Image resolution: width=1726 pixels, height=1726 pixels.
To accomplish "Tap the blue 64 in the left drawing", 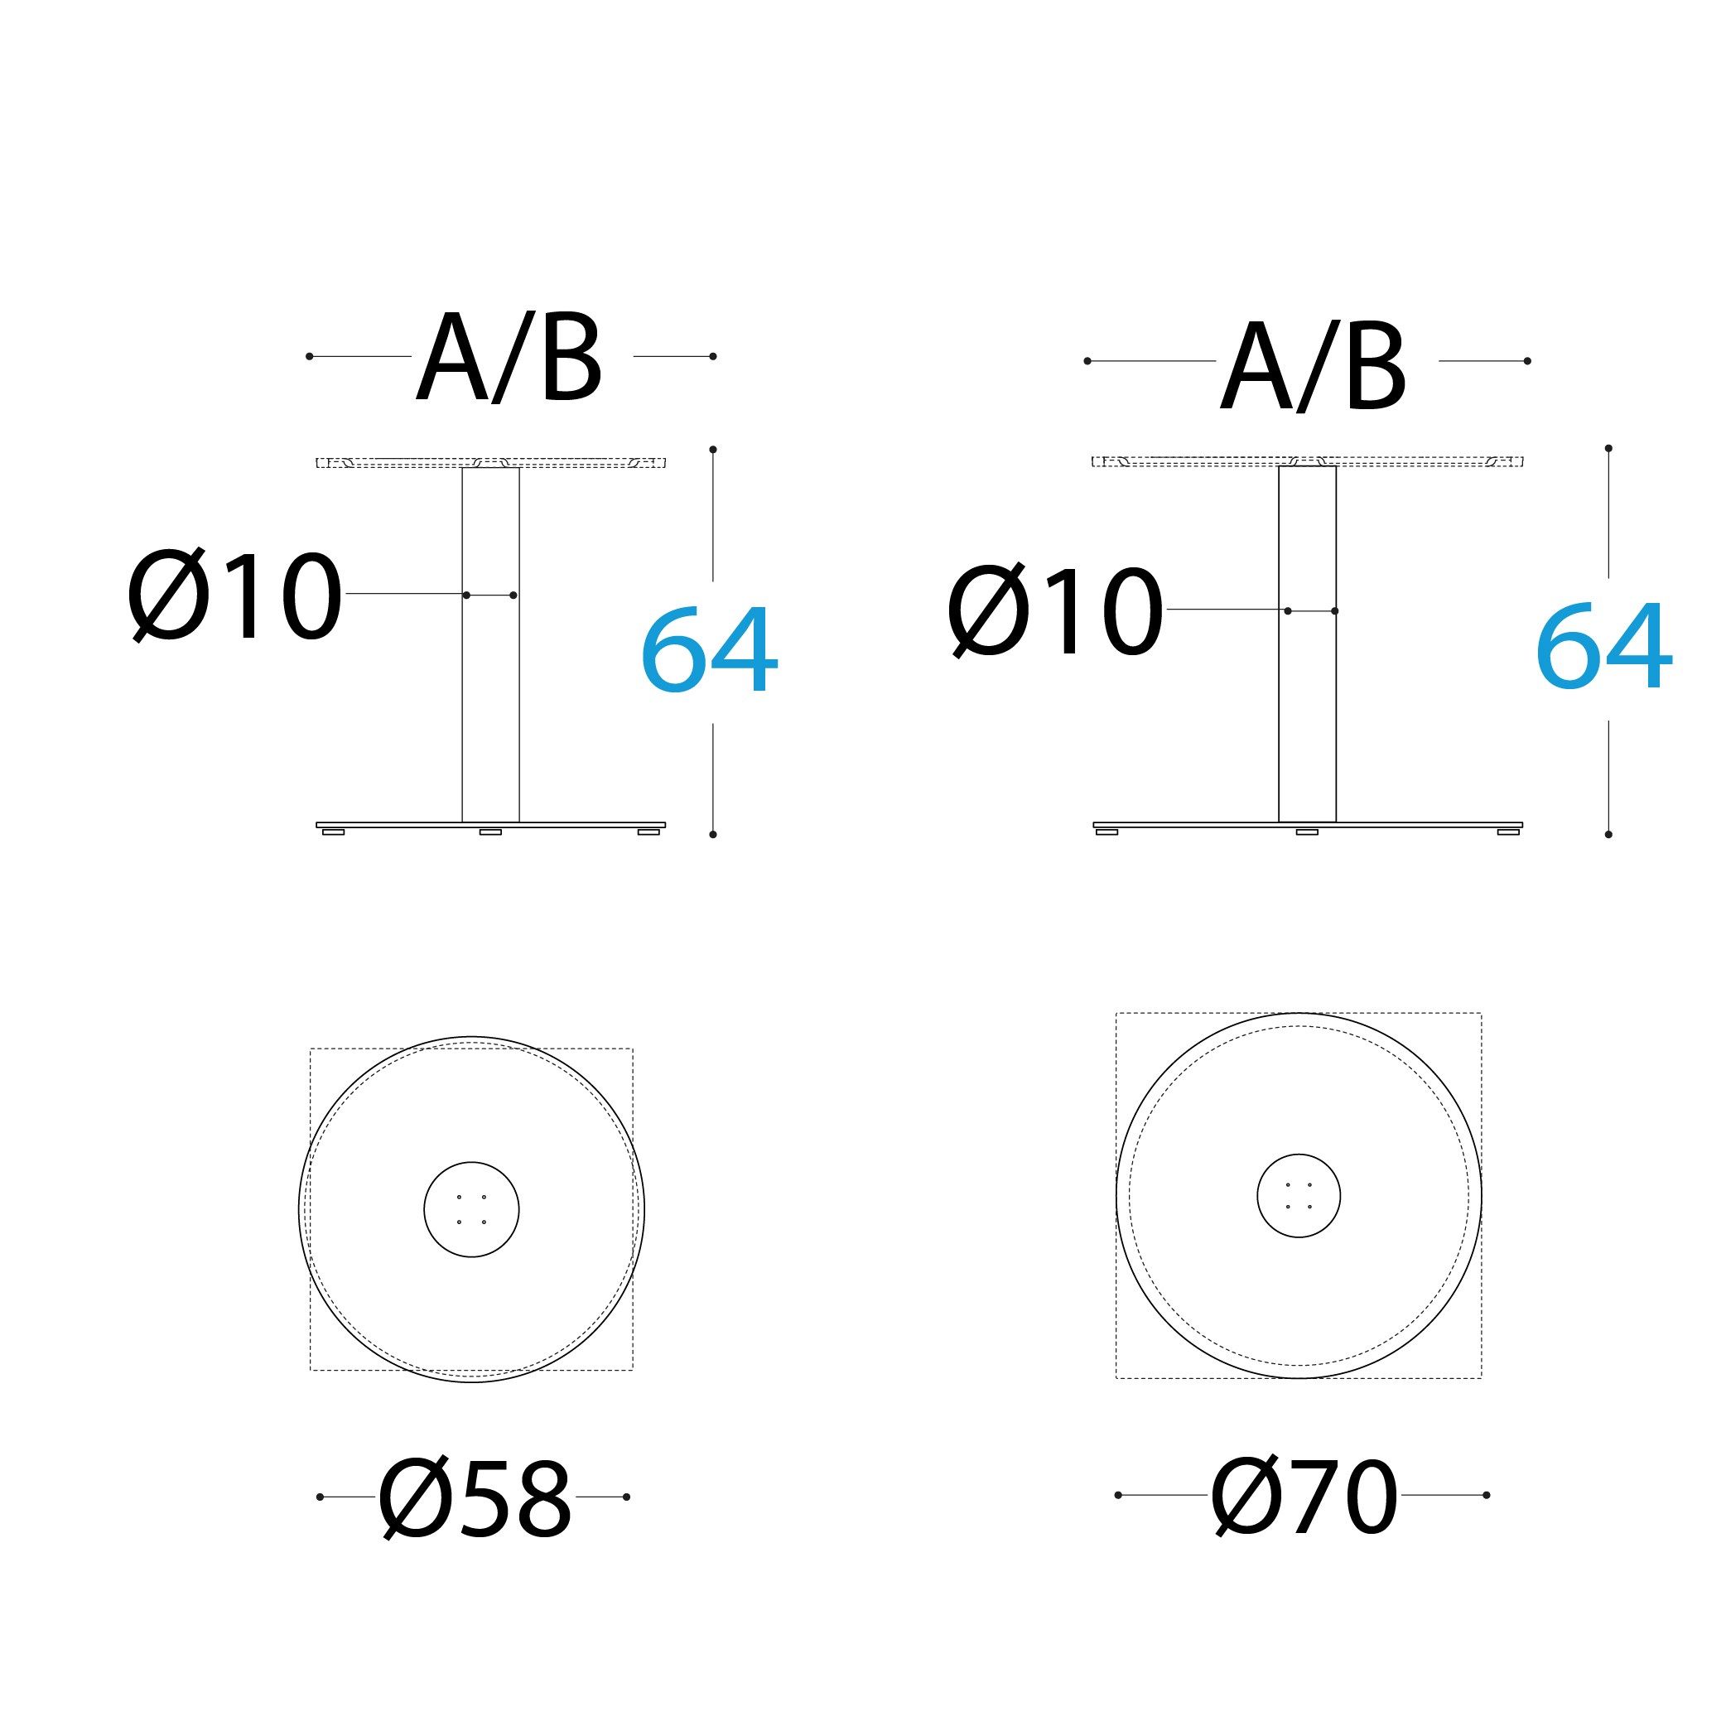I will [711, 650].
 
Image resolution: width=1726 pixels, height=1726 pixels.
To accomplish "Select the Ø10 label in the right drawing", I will [1055, 612].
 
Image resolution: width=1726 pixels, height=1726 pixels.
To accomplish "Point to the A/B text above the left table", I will [509, 359].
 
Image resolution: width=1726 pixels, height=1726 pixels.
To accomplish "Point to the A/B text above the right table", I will [1314, 366].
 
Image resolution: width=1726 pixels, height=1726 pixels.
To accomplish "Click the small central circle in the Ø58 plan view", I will [472, 1210].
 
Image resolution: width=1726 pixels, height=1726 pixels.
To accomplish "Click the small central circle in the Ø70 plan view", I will [1299, 1196].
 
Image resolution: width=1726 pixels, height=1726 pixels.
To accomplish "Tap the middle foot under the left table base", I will [490, 832].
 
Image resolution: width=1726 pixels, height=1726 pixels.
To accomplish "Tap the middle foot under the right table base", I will [1307, 832].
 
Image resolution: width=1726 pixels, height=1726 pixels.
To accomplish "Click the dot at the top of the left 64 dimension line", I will [713, 450].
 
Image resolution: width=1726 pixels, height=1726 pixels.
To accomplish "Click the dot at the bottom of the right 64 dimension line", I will [1609, 834].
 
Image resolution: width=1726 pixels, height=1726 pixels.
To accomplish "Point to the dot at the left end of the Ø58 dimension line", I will [320, 1497].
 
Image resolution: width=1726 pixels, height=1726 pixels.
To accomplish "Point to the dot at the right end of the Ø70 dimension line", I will [1487, 1495].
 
